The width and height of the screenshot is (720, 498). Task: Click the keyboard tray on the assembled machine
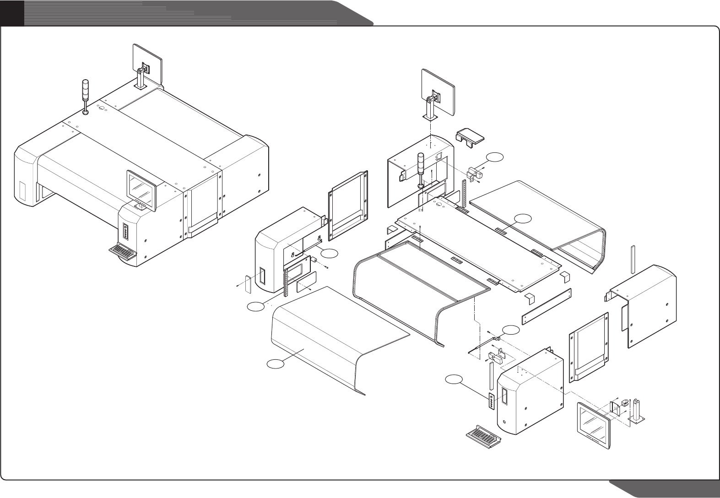(122, 251)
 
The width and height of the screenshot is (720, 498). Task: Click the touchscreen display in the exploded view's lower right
(593, 423)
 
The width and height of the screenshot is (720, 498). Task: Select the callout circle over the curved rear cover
(523, 218)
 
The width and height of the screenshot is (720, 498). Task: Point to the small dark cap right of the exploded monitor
(471, 136)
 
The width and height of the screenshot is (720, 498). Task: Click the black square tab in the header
(12, 12)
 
